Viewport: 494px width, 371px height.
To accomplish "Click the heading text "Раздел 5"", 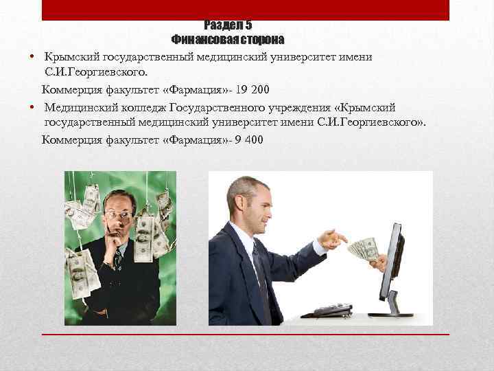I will coord(228,25).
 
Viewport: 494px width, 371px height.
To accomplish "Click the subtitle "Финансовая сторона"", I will coord(228,39).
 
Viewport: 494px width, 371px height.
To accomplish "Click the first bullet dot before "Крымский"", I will coord(33,56).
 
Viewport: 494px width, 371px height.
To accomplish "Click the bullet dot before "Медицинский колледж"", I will coord(33,108).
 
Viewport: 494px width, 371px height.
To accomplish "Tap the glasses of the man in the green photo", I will coord(118,214).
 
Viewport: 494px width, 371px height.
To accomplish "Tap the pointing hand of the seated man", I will coord(333,240).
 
